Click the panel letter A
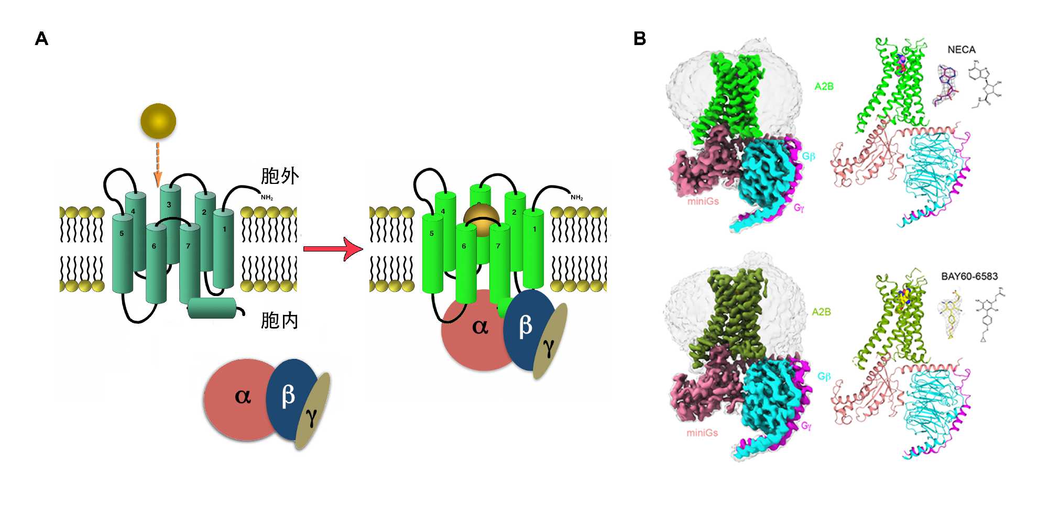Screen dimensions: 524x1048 point(41,39)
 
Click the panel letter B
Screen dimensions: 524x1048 point(639,39)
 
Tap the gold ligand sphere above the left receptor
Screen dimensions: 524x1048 point(158,121)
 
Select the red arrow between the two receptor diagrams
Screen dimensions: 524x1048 point(333,248)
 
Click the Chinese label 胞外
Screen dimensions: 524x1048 point(280,176)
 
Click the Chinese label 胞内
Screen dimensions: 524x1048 point(279,320)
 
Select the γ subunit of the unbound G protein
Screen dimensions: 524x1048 point(312,414)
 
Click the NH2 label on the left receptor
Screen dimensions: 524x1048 point(267,198)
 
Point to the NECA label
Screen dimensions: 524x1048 point(961,50)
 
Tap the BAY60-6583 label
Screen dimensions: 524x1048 point(969,276)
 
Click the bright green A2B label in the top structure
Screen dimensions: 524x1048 point(824,86)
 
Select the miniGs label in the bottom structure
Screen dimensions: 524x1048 point(702,433)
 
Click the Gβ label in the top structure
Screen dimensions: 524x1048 point(809,156)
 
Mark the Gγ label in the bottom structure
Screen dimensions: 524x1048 point(806,426)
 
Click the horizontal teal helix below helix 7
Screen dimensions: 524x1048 point(212,308)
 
